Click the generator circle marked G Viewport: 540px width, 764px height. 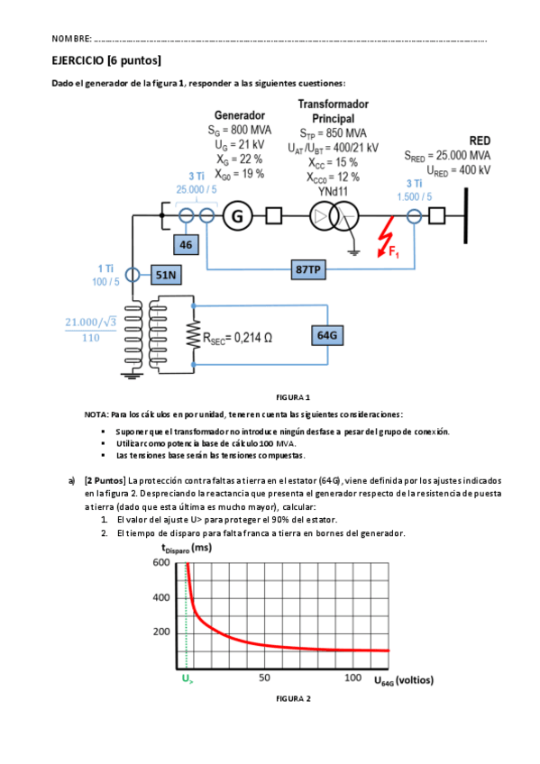[x=238, y=216]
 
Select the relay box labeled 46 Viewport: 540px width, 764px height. [x=187, y=244]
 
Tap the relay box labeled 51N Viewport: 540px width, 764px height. [x=166, y=274]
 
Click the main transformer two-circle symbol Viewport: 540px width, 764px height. [x=334, y=216]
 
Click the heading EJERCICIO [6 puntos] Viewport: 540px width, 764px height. [x=106, y=60]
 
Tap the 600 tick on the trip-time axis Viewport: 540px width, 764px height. [x=160, y=563]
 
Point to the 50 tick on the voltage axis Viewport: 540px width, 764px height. [x=265, y=678]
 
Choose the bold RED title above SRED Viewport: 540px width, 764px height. [x=480, y=141]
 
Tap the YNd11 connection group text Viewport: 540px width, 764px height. [x=334, y=191]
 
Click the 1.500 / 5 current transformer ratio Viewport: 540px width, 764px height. [x=414, y=196]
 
